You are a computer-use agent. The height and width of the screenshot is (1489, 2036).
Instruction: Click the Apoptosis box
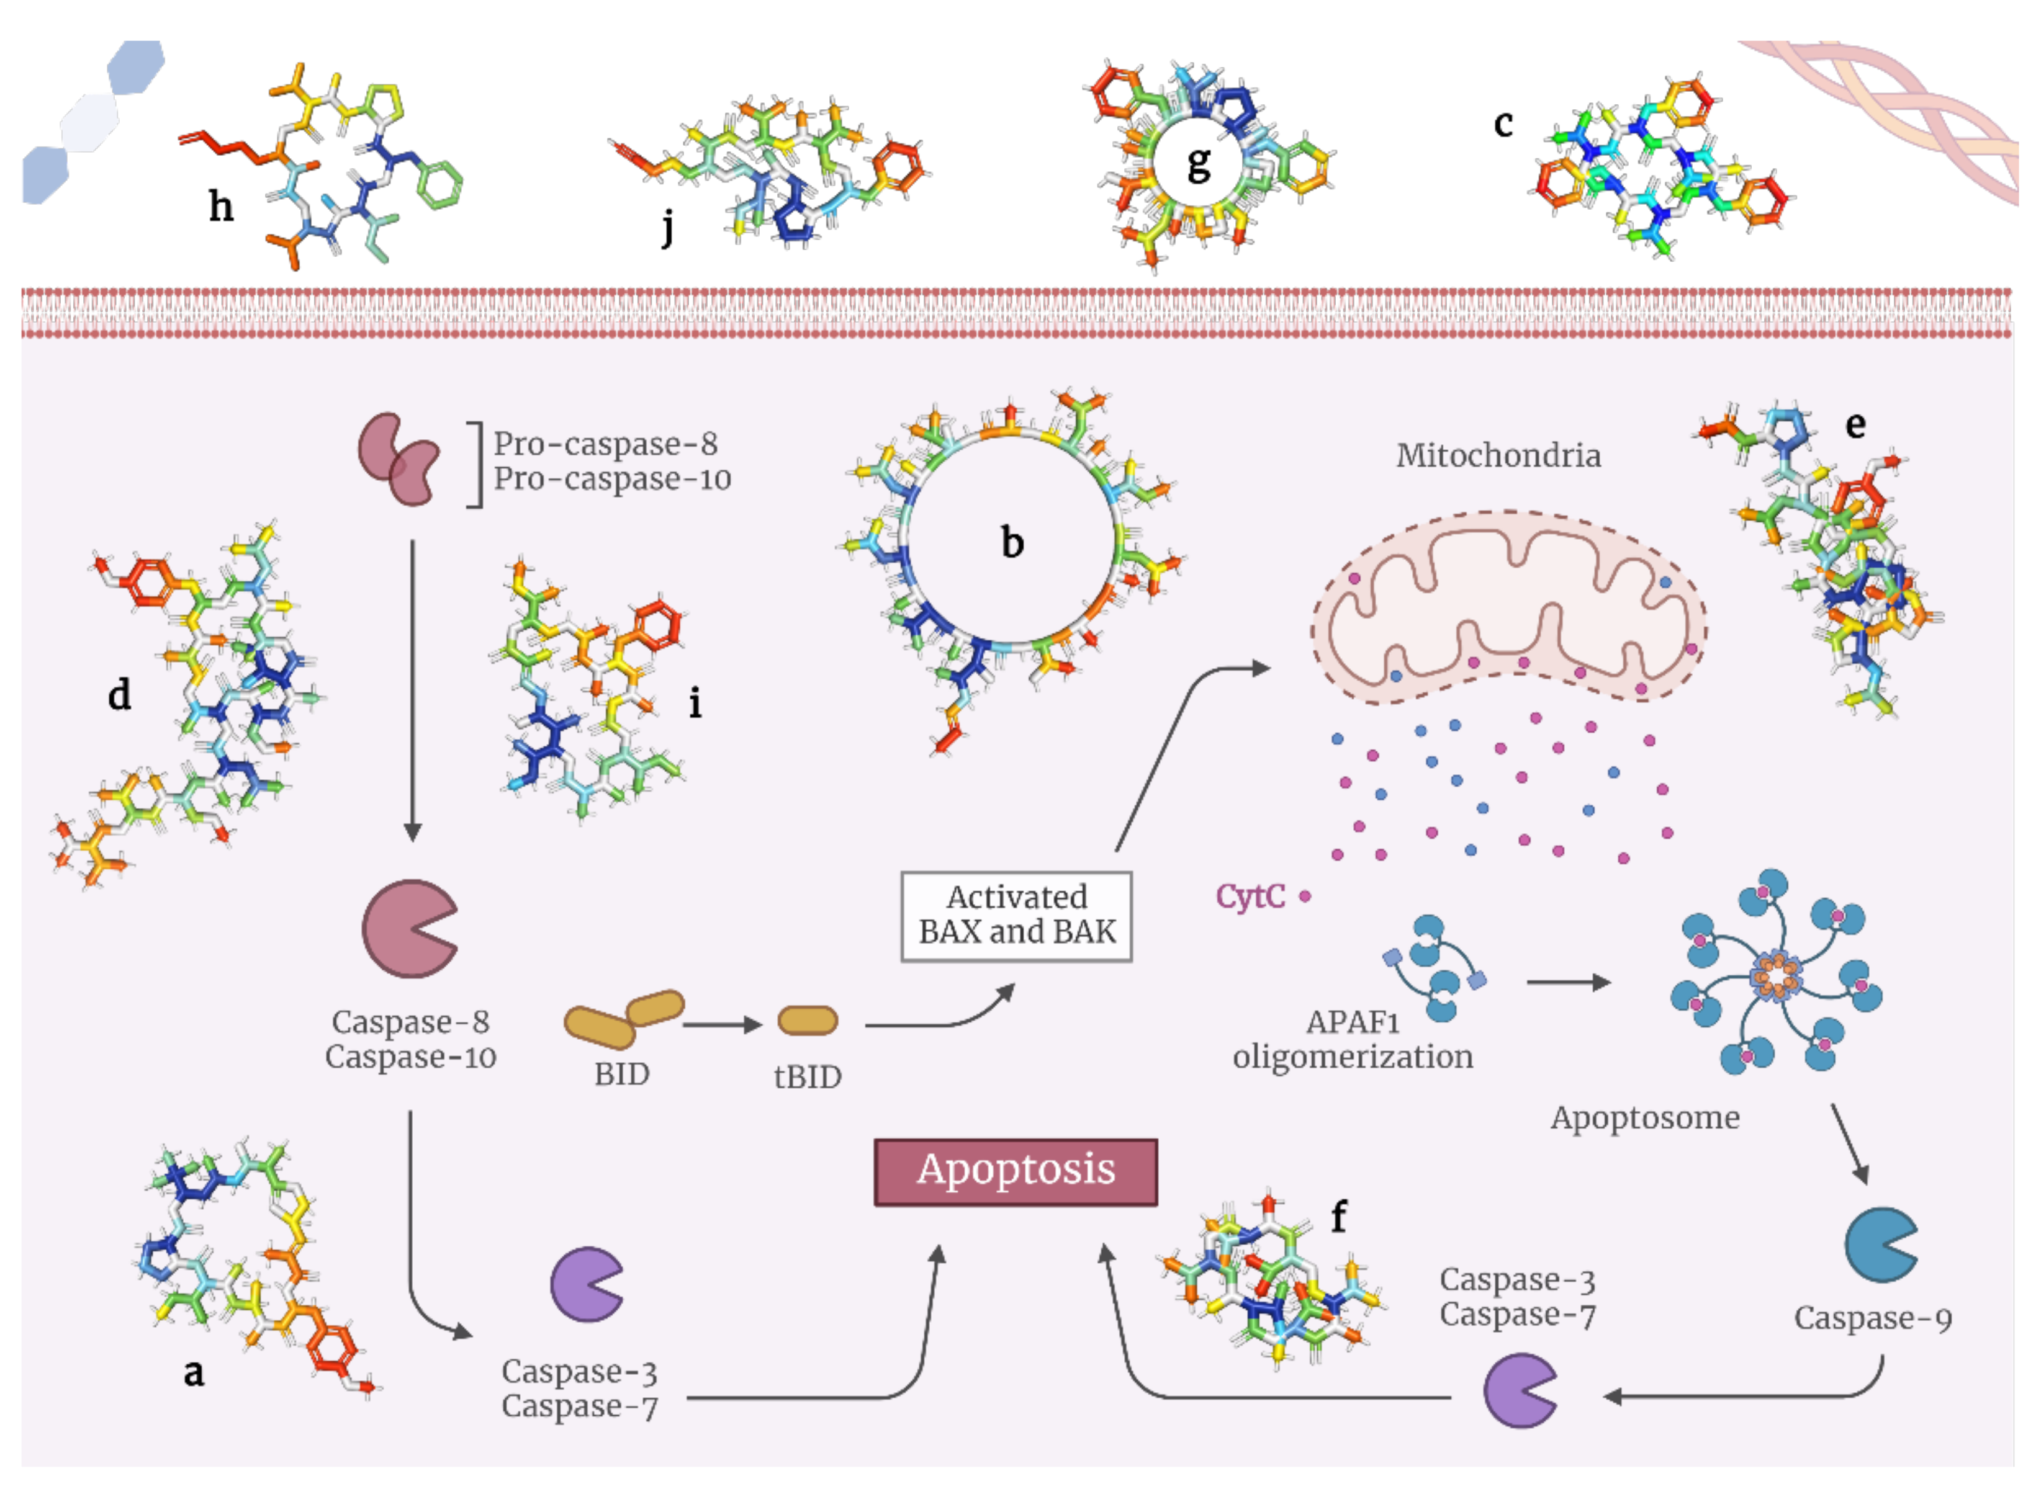(1016, 1171)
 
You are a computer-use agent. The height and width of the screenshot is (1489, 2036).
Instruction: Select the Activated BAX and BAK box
(1016, 915)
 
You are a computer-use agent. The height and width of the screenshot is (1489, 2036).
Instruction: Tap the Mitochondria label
(1498, 455)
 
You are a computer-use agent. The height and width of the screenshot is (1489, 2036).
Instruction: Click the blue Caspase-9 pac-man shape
(1878, 1244)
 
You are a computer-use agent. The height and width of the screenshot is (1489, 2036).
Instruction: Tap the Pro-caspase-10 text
(611, 478)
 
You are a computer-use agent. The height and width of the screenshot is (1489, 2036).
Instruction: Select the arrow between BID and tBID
(721, 1025)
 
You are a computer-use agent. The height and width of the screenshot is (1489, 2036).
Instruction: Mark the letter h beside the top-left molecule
(221, 207)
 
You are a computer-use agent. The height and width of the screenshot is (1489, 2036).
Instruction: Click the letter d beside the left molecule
(119, 695)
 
